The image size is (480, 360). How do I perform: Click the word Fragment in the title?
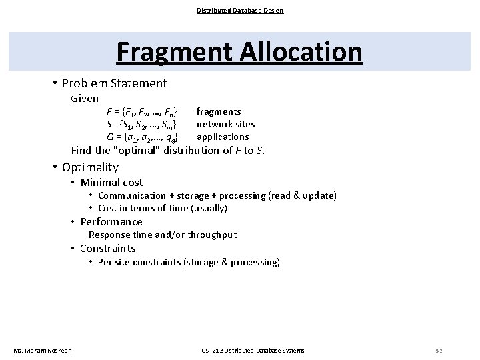tap(167, 52)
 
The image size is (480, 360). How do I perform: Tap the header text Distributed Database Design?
tap(240, 10)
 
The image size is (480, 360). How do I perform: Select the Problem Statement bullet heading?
tap(114, 83)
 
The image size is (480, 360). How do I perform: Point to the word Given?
tap(85, 99)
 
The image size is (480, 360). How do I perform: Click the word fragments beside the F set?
tap(219, 111)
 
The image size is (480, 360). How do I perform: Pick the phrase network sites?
tap(225, 124)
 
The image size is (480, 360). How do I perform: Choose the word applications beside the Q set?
tap(223, 137)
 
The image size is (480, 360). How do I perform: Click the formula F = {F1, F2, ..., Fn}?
tap(141, 111)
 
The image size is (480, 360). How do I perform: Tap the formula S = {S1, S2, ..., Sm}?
tap(141, 124)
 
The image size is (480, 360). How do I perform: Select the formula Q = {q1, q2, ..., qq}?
tap(141, 137)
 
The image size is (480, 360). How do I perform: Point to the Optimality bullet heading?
tap(90, 167)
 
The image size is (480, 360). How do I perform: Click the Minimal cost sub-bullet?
tap(111, 182)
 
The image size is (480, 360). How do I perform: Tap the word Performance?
tap(111, 221)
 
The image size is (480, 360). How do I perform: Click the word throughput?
tap(212, 235)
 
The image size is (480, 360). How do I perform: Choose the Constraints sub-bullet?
tap(107, 249)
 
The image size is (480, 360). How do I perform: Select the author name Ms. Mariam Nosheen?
tap(43, 350)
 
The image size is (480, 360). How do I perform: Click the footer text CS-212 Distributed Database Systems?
tap(253, 350)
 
